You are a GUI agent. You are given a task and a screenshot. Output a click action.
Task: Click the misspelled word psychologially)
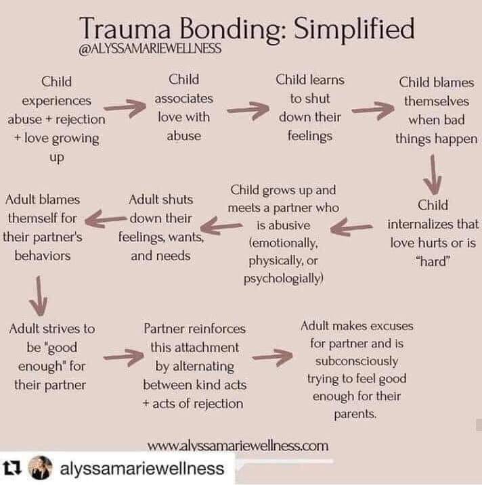click(284, 278)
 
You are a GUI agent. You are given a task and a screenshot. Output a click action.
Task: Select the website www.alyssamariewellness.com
click(238, 446)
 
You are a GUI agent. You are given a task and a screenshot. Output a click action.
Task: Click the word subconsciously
click(356, 361)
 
